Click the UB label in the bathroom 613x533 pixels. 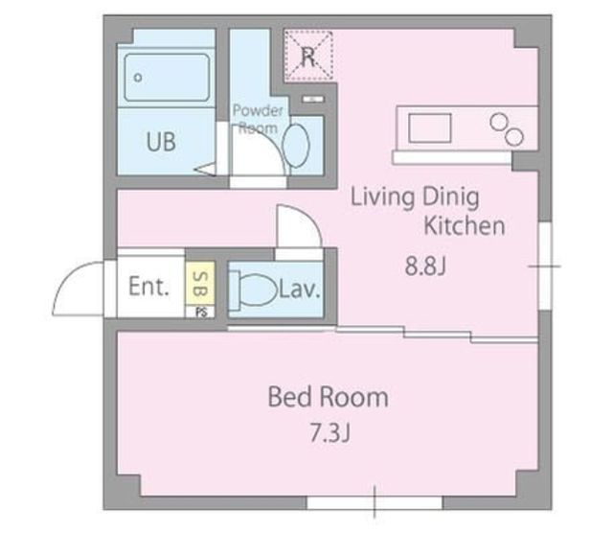tap(161, 142)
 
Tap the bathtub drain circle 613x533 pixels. tap(138, 78)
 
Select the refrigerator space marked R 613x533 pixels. tap(308, 56)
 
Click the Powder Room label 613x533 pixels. tap(258, 119)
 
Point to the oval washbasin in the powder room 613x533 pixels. tap(296, 145)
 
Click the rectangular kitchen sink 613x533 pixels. tap(430, 127)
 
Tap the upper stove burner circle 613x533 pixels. tap(498, 122)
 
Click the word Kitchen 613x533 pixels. tap(465, 226)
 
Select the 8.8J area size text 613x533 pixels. tap(425, 266)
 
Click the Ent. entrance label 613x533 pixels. tap(149, 287)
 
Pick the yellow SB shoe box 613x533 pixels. tap(200, 284)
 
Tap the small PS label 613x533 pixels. tap(201, 313)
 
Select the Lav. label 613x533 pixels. tap(300, 290)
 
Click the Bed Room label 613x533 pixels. tap(328, 397)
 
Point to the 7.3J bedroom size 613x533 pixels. tap(329, 432)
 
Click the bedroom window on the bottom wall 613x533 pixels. tap(375, 503)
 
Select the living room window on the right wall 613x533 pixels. tap(545, 266)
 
